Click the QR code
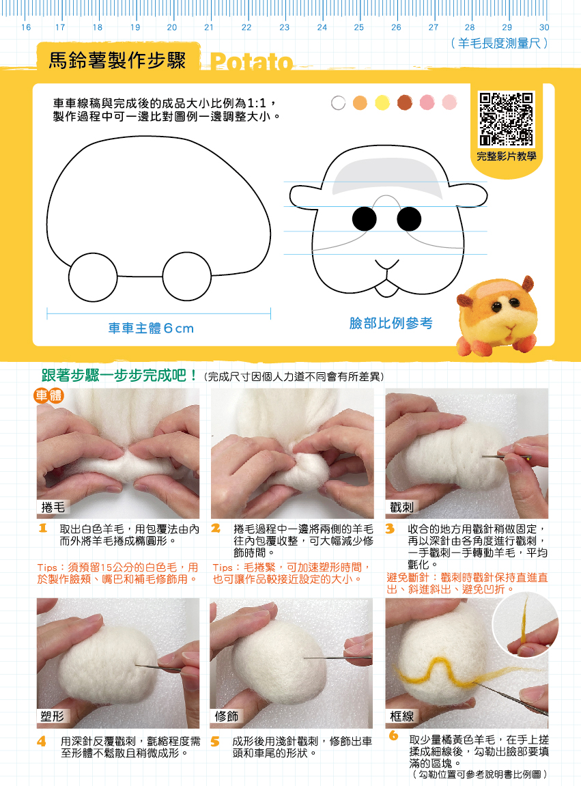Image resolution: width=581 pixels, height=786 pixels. (507, 119)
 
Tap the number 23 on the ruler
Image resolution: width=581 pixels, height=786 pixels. (284, 27)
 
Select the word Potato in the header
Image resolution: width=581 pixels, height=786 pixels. (251, 61)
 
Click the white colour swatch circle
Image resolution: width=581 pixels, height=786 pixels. (339, 102)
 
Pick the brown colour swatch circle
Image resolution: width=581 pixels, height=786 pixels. (405, 102)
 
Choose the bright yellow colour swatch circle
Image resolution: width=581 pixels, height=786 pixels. (382, 102)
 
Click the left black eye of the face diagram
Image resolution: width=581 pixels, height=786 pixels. (365, 219)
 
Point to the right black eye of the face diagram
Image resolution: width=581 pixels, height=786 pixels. (409, 219)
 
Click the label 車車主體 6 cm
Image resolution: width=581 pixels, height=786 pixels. (151, 328)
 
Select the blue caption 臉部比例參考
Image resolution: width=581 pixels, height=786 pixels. (391, 323)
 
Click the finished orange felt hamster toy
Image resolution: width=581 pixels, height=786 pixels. (497, 315)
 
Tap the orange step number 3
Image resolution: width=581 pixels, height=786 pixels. (390, 529)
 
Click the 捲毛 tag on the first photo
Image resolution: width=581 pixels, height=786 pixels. (53, 507)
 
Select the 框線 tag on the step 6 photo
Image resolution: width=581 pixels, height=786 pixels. (402, 716)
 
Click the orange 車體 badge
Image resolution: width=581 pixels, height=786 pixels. (48, 395)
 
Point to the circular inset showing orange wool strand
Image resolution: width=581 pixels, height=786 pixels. (525, 625)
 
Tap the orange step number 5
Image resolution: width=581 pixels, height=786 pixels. (214, 742)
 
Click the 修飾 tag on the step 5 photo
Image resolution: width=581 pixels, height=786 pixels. (227, 716)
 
